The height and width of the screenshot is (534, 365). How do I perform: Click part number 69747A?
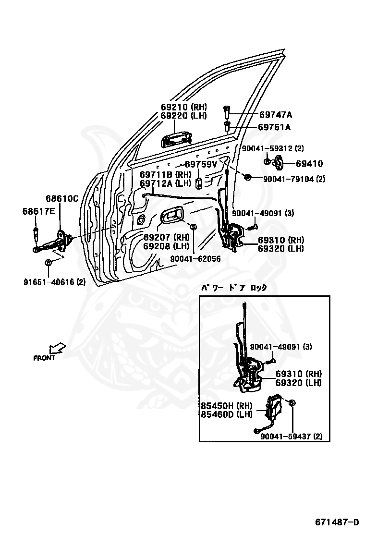tap(276, 114)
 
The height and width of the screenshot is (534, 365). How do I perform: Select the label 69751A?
tap(274, 127)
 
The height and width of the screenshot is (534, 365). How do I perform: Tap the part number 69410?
tap(309, 163)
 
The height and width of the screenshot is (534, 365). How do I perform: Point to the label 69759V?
tap(201, 164)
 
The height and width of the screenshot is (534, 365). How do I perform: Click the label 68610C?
tap(62, 198)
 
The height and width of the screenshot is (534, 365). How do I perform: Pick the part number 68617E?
tap(38, 211)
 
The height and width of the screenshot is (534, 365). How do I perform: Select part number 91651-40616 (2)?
tap(54, 282)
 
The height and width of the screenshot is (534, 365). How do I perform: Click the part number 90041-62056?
tap(195, 259)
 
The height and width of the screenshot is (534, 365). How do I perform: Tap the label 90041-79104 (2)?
tap(294, 179)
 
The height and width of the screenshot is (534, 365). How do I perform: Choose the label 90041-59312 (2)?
tap(273, 148)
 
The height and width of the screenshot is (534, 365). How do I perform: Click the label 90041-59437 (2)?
tap(291, 436)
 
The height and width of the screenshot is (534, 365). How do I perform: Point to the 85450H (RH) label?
tap(226, 406)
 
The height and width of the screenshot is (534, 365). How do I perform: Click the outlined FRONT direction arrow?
tap(57, 349)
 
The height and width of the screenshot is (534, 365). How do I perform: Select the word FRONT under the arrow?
tap(44, 358)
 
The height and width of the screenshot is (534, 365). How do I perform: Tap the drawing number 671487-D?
tap(337, 522)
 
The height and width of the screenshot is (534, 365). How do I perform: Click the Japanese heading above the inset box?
tap(233, 288)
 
